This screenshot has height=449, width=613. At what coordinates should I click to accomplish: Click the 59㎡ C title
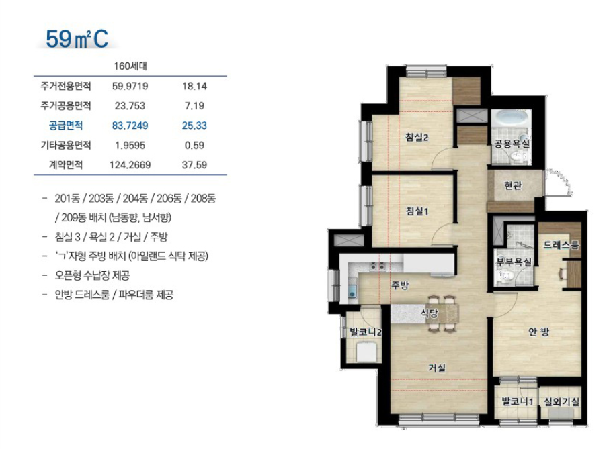pos(77,39)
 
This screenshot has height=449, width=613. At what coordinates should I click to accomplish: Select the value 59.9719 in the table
pos(130,86)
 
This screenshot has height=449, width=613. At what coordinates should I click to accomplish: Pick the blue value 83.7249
pos(130,126)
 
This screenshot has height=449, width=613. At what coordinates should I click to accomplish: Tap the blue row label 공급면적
pos(66,126)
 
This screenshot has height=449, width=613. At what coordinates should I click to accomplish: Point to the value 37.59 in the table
pos(194,164)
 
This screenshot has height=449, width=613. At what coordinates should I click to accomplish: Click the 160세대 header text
pos(130,66)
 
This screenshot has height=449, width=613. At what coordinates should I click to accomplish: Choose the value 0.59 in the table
pos(194,145)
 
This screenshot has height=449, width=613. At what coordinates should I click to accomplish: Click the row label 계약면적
pos(66,164)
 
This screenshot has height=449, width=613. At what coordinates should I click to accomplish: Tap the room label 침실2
pos(417,137)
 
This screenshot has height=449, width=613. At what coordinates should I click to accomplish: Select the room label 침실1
pos(417,211)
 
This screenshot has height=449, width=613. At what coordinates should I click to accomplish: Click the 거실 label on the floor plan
pos(437,368)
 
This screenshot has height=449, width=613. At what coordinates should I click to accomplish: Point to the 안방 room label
pos(538,332)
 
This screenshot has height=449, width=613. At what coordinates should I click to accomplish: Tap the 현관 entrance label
pos(513,185)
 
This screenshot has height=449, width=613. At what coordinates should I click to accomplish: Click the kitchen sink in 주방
pos(353,291)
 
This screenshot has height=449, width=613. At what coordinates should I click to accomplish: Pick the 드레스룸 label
pos(561,245)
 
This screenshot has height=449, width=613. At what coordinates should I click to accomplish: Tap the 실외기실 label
pos(561,401)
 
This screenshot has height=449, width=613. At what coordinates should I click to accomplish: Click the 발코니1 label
pos(518,401)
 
